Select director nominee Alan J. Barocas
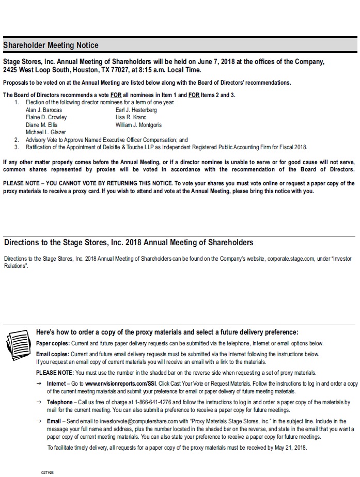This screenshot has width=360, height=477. point(43,110)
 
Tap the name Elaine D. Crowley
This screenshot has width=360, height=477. point(46,117)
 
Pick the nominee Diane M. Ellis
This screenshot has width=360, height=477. point(41,125)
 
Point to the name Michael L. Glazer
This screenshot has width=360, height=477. point(45,132)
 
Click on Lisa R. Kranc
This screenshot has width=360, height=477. point(131,117)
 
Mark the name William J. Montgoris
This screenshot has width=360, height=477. point(138,125)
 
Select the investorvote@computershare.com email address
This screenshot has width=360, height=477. point(142,421)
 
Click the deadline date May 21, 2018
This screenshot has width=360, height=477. point(290,448)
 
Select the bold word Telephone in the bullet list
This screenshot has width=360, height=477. point(60,402)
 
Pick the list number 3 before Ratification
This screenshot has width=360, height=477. point(16,147)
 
